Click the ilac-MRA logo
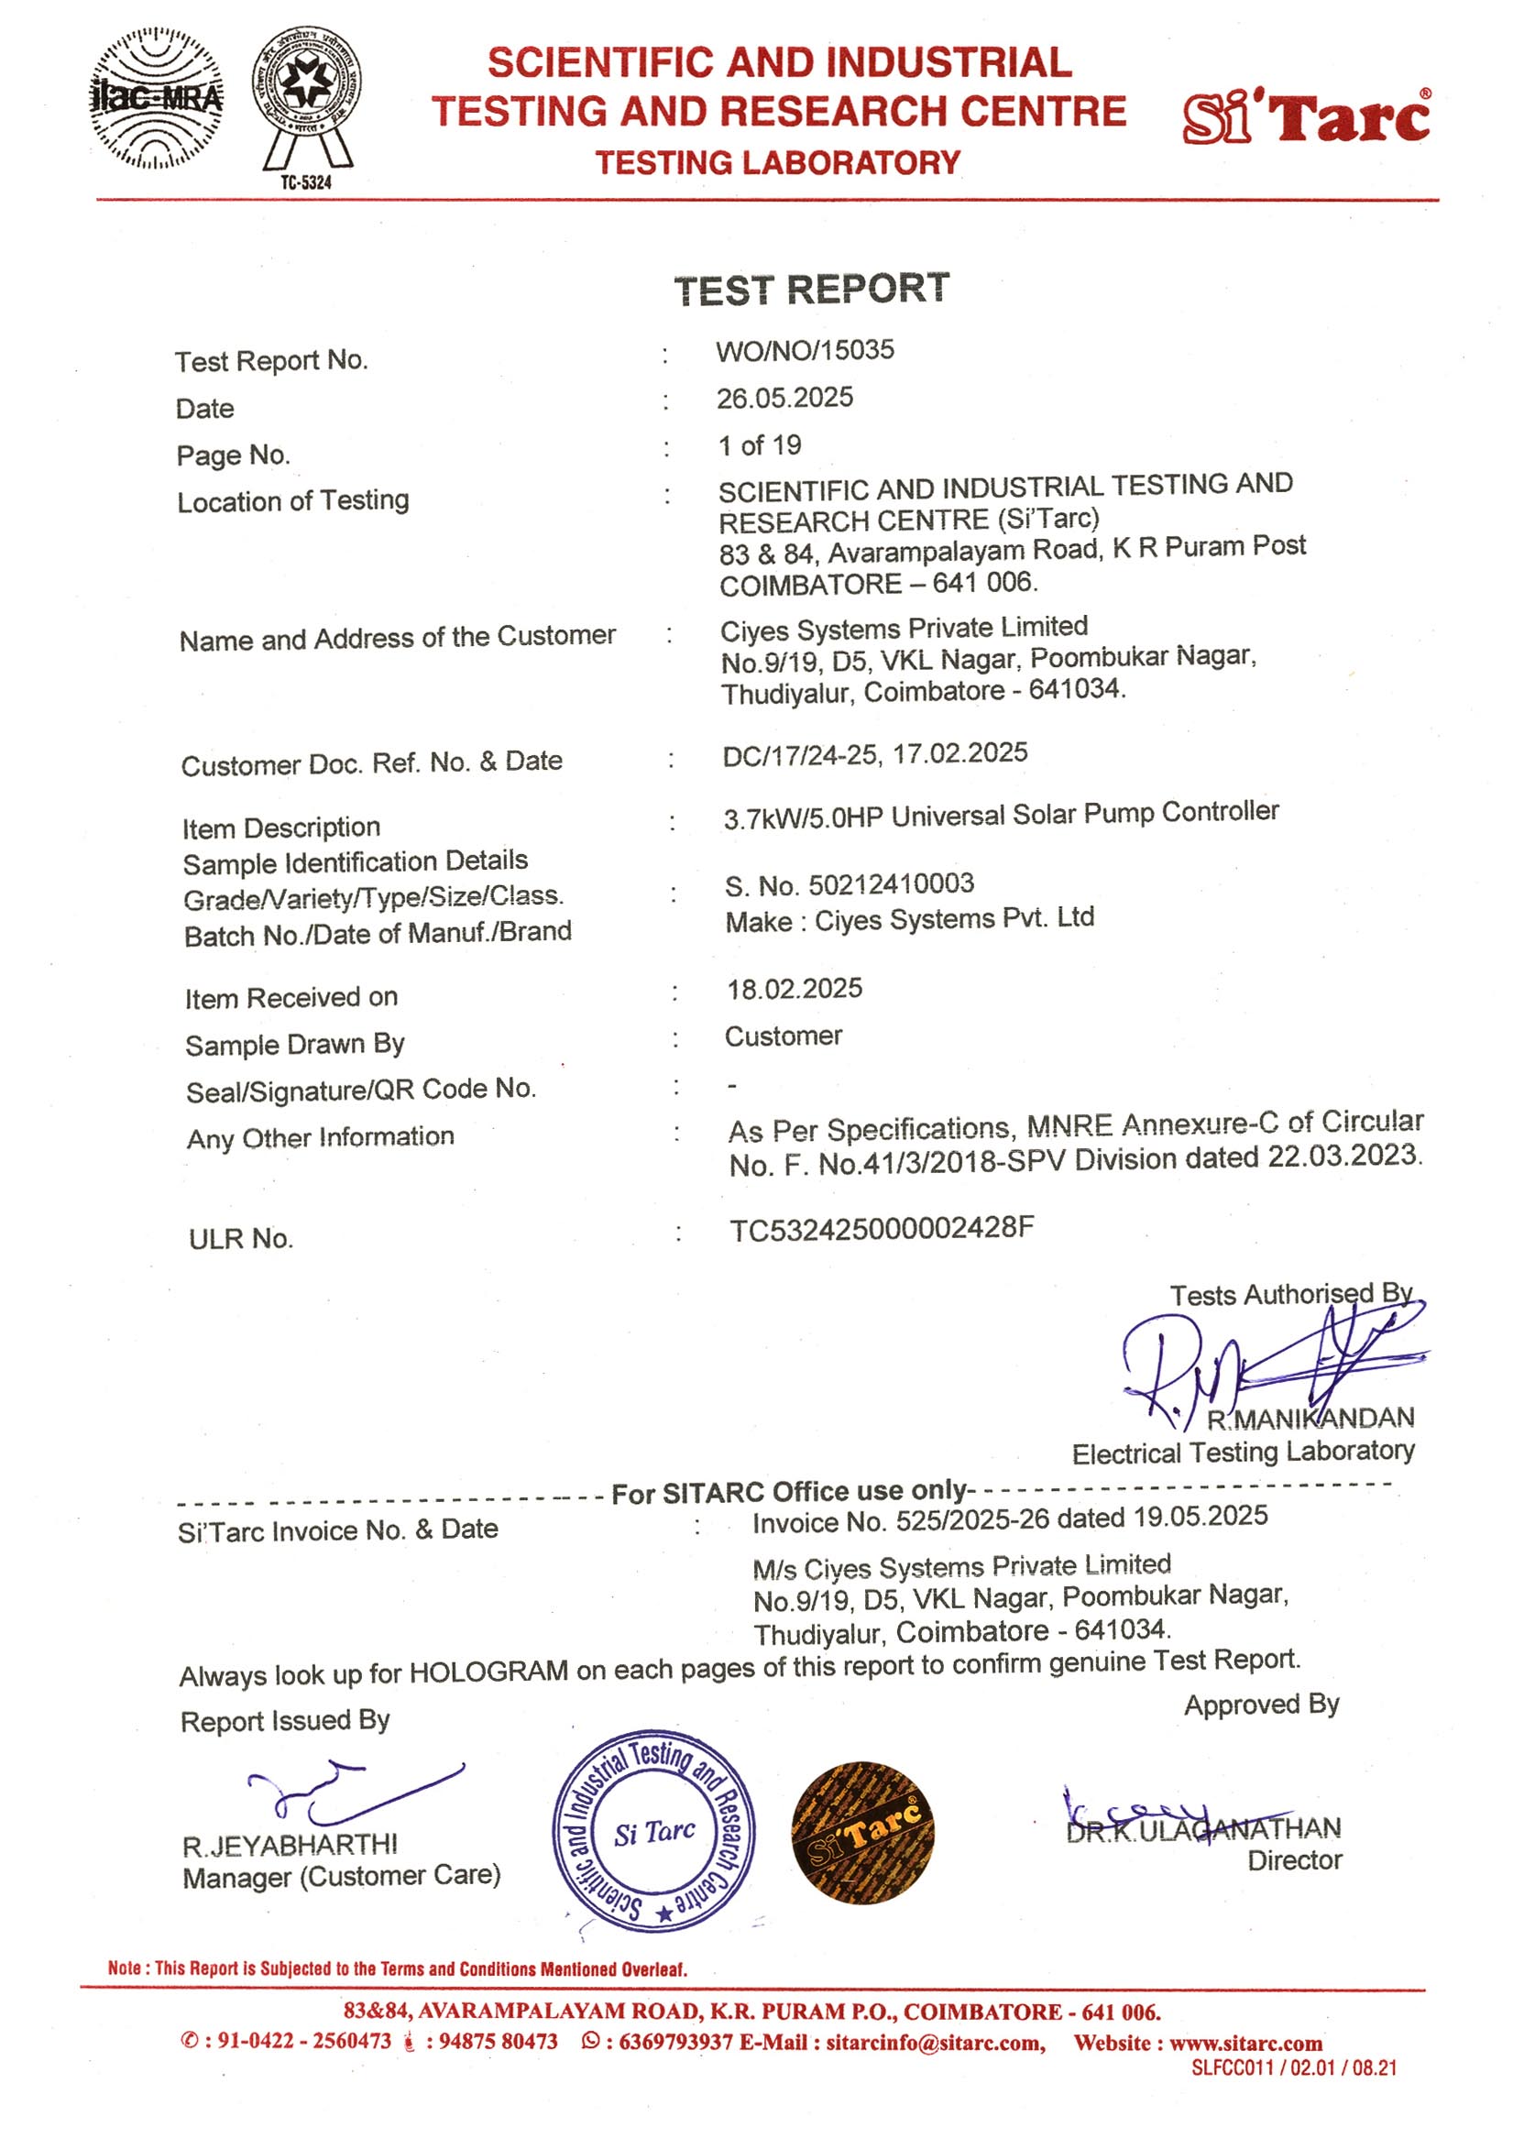click(x=157, y=99)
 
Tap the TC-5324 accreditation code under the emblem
click(x=306, y=182)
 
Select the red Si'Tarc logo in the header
click(x=1305, y=117)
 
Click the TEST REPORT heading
click(x=811, y=289)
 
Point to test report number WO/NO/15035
click(x=805, y=351)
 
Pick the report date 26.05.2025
click(x=784, y=398)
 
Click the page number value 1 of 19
click(x=759, y=444)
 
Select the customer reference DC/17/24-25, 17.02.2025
click(x=874, y=754)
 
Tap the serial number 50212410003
click(x=891, y=883)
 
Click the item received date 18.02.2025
click(x=794, y=988)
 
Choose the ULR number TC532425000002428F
click(x=882, y=1228)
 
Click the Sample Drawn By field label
click(x=295, y=1045)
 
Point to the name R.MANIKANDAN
click(x=1310, y=1418)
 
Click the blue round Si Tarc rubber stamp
click(x=653, y=1831)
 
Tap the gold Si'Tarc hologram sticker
click(x=861, y=1832)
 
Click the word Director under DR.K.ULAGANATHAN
click(x=1294, y=1860)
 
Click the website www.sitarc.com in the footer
click(x=1245, y=2043)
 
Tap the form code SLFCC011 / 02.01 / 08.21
click(x=1293, y=2068)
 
